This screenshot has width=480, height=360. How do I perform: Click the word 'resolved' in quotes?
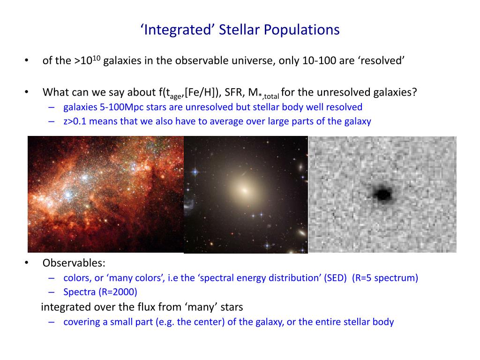click(382, 61)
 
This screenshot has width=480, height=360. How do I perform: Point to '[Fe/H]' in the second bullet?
click(200, 92)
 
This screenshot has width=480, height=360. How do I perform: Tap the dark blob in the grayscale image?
click(382, 193)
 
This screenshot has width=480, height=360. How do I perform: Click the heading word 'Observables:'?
click(74, 263)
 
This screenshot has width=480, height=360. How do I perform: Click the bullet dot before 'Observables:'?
click(27, 263)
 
